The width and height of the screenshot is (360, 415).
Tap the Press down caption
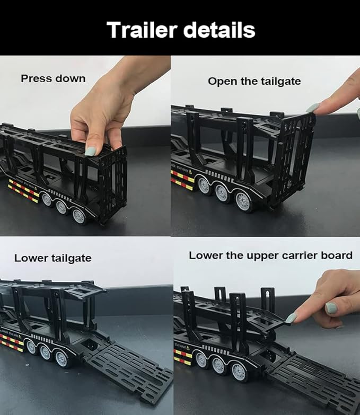(53, 78)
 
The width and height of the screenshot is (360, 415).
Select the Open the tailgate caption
(254, 81)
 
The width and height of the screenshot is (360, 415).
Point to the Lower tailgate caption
(52, 258)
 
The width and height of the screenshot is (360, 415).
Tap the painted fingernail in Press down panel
(90, 151)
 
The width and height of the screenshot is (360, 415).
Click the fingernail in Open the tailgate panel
(312, 108)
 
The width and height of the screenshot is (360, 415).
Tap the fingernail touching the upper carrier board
(291, 318)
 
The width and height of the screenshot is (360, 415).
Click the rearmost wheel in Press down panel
(79, 216)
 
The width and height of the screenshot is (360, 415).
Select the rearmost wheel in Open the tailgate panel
(244, 201)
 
